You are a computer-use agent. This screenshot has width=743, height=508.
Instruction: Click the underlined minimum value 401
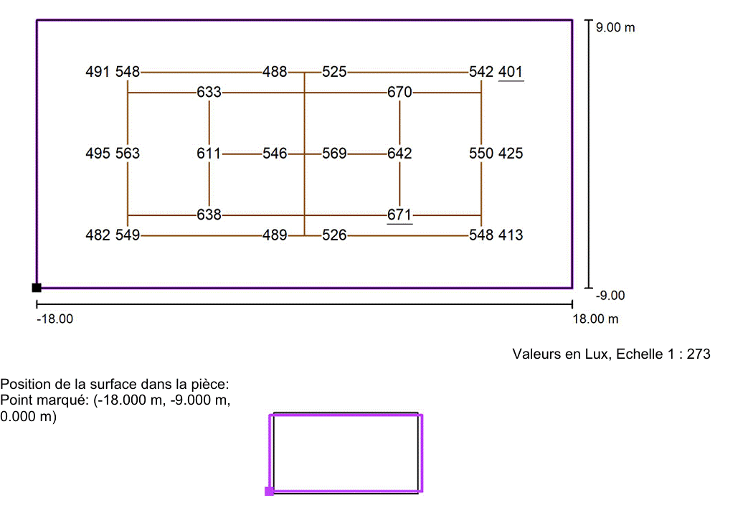click(x=511, y=72)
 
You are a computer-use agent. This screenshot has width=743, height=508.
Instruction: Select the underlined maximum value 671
click(x=399, y=215)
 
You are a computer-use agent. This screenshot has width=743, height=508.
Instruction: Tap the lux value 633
click(x=209, y=92)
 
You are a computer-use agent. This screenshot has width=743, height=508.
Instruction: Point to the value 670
click(x=399, y=92)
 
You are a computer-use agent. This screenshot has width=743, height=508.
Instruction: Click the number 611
click(x=209, y=154)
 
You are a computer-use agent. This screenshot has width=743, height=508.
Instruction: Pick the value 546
click(x=275, y=154)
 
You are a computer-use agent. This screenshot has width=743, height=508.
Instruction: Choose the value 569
click(x=334, y=154)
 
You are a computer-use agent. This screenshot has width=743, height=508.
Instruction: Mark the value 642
click(x=399, y=154)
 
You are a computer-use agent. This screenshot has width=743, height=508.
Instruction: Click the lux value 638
click(x=209, y=215)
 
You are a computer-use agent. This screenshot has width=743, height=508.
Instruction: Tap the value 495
click(x=98, y=154)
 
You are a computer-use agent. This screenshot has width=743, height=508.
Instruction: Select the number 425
click(x=511, y=154)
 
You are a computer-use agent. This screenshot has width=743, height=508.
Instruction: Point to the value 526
click(x=334, y=235)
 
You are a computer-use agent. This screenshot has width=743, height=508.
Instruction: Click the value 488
click(x=275, y=72)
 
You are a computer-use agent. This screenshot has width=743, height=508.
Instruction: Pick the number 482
click(x=98, y=235)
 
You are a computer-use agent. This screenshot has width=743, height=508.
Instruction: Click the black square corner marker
click(x=37, y=288)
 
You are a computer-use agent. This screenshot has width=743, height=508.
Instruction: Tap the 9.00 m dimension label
click(x=615, y=27)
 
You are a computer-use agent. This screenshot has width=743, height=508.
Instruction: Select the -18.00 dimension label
click(x=55, y=319)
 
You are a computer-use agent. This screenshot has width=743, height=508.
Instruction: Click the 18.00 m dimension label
click(x=596, y=319)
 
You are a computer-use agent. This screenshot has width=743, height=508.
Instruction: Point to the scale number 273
click(x=699, y=354)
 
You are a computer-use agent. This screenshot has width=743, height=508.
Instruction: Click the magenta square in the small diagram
click(x=269, y=491)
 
